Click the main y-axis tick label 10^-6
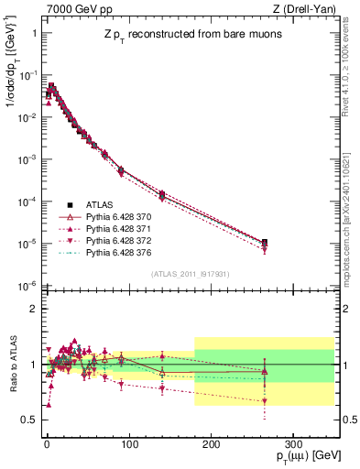[x=27, y=286]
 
